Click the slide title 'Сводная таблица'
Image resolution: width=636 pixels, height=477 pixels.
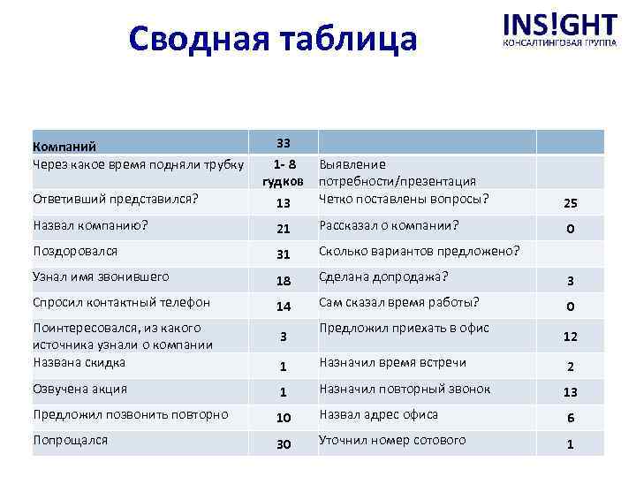click(x=270, y=40)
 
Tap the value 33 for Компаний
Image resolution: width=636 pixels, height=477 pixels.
click(x=283, y=143)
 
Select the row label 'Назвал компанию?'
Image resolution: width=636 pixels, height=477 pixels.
click(x=89, y=225)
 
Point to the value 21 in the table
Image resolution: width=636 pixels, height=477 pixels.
click(x=283, y=229)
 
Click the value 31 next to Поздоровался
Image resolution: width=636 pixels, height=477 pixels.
click(x=283, y=255)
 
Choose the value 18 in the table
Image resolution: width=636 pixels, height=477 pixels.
click(x=283, y=281)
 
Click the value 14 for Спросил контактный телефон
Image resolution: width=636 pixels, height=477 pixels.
click(x=283, y=307)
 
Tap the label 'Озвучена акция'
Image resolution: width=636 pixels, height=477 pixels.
click(x=79, y=389)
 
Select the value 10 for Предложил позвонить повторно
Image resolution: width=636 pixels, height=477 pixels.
click(x=283, y=418)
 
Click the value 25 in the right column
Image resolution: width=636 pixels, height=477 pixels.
click(x=571, y=203)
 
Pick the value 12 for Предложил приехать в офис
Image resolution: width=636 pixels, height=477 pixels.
click(x=571, y=337)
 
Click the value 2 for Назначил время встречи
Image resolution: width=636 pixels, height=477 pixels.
click(x=571, y=367)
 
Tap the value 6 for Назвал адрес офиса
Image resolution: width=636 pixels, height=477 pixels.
click(x=571, y=418)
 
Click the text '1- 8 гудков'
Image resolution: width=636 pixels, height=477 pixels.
click(x=284, y=172)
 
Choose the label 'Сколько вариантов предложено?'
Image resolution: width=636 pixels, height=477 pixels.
click(x=419, y=251)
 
